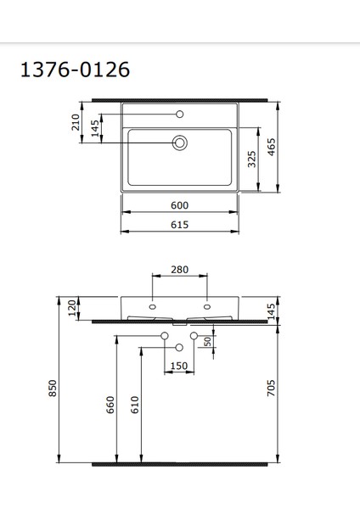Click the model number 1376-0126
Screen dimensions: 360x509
tap(75, 70)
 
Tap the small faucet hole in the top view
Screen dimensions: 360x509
tap(180, 114)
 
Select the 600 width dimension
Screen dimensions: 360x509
tap(180, 205)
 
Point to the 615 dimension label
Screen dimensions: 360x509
tap(180, 225)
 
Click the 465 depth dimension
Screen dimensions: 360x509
tap(272, 147)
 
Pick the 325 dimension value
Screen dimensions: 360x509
tap(252, 159)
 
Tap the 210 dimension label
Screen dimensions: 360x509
tap(76, 122)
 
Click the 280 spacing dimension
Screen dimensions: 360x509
tap(180, 270)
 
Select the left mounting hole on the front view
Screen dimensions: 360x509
tap(152, 307)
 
